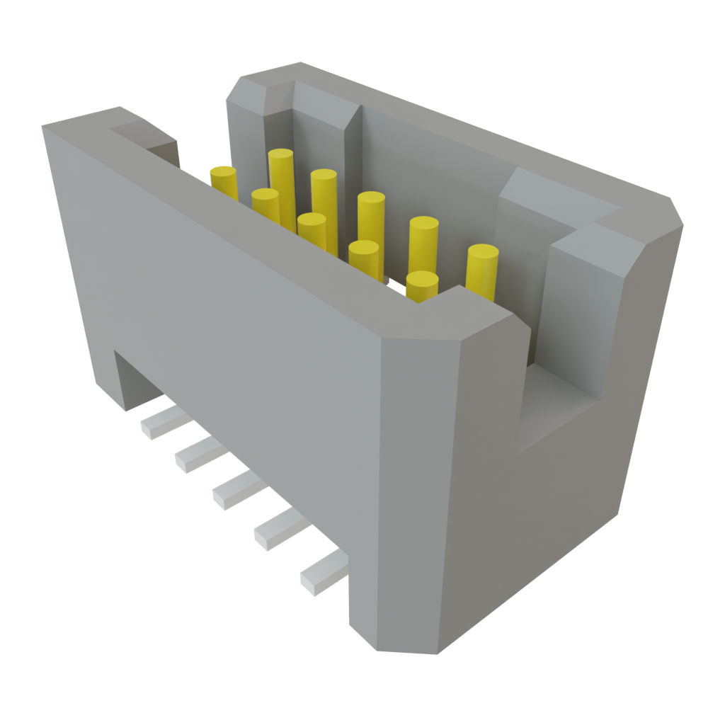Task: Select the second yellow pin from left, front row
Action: pyautogui.click(x=266, y=201)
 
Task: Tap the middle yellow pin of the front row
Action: pyautogui.click(x=312, y=226)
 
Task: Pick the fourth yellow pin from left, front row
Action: pyautogui.click(x=364, y=255)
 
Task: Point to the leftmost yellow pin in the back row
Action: pyautogui.click(x=281, y=170)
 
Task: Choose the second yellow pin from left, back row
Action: pyautogui.click(x=324, y=191)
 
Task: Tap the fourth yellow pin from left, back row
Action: pyautogui.click(x=423, y=241)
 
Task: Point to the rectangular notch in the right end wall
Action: pyautogui.click(x=559, y=404)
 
